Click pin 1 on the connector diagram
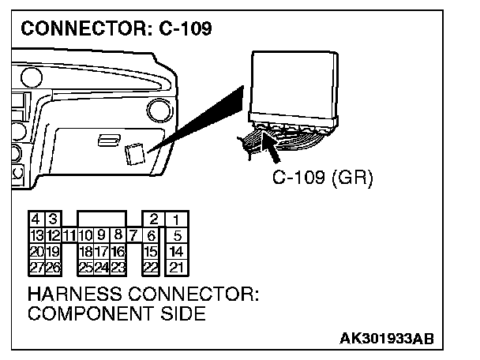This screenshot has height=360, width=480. click(x=177, y=219)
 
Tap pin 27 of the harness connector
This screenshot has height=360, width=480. click(x=36, y=267)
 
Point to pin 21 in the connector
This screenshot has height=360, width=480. click(x=177, y=267)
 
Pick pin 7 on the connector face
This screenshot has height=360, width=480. click(x=133, y=234)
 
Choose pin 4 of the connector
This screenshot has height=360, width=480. click(x=36, y=219)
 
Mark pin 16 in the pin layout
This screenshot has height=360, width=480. click(x=118, y=251)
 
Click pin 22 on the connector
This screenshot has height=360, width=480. click(x=152, y=267)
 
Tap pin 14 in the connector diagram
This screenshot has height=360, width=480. click(x=177, y=251)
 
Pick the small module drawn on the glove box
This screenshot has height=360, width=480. click(x=136, y=152)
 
